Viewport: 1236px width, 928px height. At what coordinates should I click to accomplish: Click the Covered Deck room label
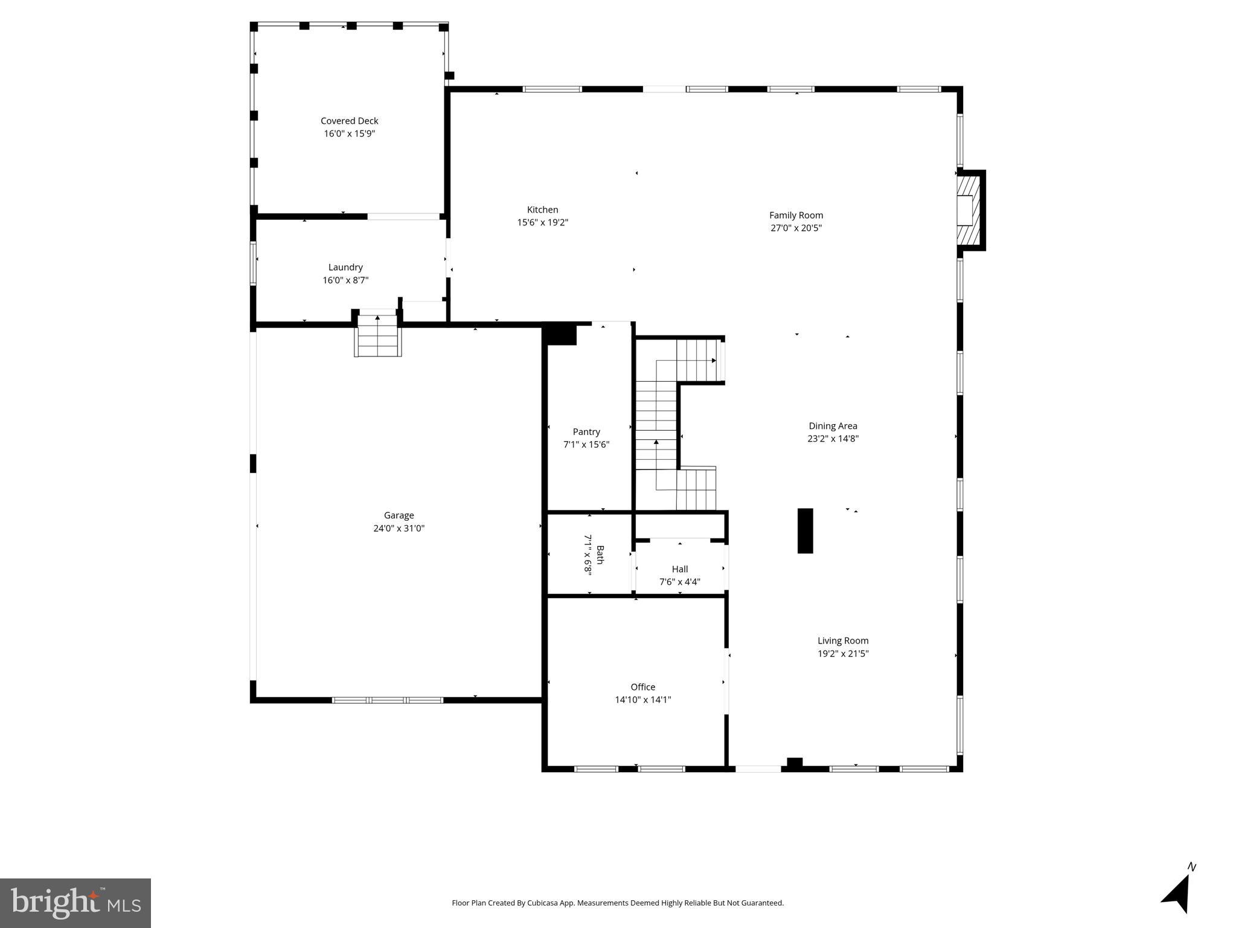349,121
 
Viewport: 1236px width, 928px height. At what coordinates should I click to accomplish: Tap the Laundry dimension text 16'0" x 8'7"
345,280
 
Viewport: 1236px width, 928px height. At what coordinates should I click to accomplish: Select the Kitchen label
542,210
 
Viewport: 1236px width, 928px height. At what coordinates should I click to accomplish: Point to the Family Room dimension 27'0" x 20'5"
796,228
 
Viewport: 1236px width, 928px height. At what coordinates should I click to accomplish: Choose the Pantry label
586,432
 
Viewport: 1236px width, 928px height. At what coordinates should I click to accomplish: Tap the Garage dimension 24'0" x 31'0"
399,529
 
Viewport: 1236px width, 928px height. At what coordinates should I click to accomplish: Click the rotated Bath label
600,554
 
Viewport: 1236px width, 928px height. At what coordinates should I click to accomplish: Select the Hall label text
679,569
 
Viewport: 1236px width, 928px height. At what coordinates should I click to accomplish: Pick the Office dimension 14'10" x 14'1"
642,700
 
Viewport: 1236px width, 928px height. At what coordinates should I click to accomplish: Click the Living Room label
842,641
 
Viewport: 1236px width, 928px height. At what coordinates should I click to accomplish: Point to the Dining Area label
833,426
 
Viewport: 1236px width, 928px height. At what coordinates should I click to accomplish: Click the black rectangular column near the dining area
805,530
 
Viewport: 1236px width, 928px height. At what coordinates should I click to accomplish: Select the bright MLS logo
75,903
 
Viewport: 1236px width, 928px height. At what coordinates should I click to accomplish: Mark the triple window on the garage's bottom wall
387,700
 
